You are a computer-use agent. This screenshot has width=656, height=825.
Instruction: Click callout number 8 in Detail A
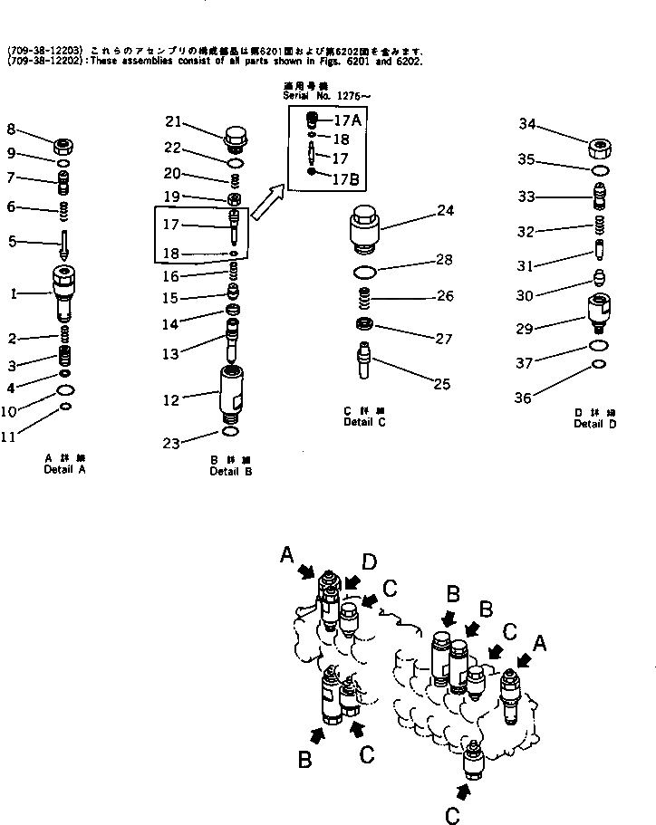(x=11, y=129)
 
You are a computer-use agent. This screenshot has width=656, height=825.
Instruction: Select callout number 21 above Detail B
(x=174, y=122)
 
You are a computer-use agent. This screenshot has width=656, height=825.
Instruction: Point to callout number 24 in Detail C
(x=444, y=212)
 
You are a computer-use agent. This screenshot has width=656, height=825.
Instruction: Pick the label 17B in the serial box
(x=347, y=179)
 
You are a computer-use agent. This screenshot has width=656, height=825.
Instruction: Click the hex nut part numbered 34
(x=602, y=149)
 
